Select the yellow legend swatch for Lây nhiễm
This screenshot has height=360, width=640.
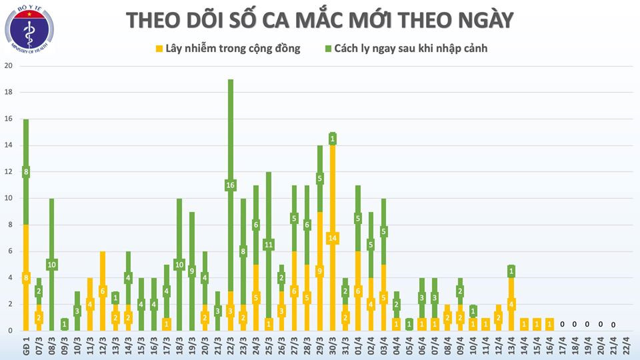coord(158,49)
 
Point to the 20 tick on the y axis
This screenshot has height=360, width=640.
coord(8,66)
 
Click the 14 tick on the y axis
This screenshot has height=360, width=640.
coord(8,145)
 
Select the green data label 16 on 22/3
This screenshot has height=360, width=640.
coord(230,185)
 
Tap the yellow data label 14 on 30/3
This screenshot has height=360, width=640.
coord(332,238)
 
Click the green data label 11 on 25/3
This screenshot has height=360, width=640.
coord(269,245)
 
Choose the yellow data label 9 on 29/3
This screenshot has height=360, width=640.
coord(319,271)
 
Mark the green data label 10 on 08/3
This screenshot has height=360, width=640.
coord(51,265)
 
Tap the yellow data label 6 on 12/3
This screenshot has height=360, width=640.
coord(102,291)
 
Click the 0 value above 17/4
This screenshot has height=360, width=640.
coord(561,325)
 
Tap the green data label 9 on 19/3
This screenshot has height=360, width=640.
coord(192,271)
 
